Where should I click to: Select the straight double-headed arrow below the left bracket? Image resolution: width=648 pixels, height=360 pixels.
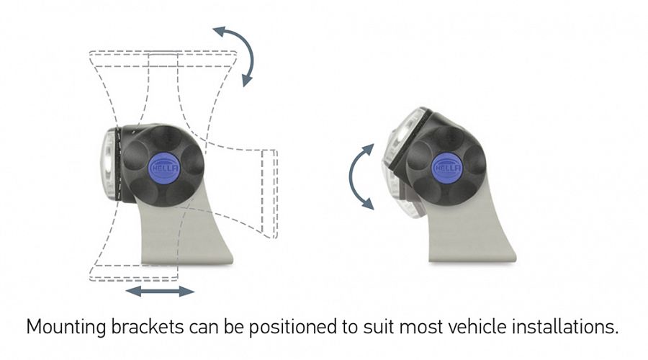coord(161,292)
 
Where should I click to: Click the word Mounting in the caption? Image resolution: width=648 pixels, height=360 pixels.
coord(66,328)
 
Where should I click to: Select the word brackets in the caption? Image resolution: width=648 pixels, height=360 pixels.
coord(148,327)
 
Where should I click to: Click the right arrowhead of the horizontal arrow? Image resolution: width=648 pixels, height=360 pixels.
coord(186,292)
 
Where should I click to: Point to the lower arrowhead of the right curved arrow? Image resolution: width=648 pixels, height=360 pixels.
coord(367,203)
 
